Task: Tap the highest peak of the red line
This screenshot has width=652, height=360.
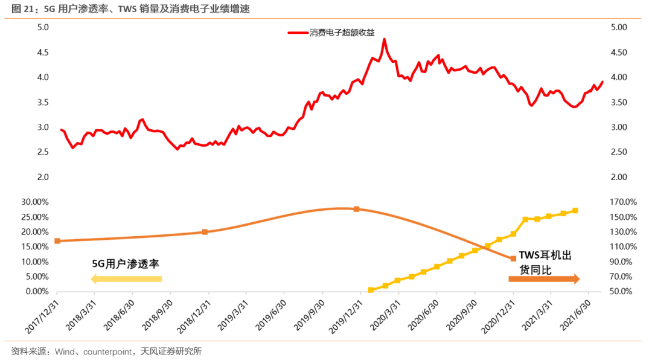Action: point(385,39)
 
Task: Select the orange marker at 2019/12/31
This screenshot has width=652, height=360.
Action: point(356,209)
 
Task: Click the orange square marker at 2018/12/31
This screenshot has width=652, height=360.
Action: point(205,232)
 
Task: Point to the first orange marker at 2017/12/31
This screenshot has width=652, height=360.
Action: point(57,241)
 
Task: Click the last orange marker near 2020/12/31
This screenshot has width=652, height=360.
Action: point(513,259)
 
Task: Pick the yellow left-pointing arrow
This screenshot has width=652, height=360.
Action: point(126,278)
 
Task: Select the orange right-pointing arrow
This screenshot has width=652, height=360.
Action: point(544,278)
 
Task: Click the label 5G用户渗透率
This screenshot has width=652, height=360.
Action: point(125,264)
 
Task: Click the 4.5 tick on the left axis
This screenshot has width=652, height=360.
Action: point(43,53)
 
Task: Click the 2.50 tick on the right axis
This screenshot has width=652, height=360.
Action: point(619,152)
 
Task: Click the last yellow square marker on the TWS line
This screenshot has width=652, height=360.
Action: point(575,211)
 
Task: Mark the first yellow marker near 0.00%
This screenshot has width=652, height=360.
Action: point(371,290)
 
